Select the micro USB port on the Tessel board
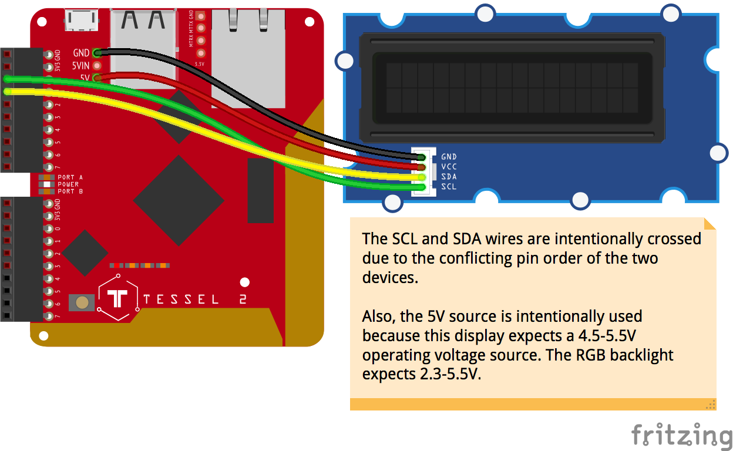click(82, 21)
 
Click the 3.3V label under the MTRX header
click(199, 64)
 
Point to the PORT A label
click(70, 177)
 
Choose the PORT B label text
click(70, 191)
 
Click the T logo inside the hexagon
click(118, 298)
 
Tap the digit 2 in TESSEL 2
click(243, 299)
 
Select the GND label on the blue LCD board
click(449, 157)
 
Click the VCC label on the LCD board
click(449, 167)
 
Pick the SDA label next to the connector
click(449, 177)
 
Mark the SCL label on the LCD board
click(449, 187)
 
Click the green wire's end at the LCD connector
click(421, 187)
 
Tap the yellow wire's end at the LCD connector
click(421, 177)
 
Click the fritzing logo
click(681, 435)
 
